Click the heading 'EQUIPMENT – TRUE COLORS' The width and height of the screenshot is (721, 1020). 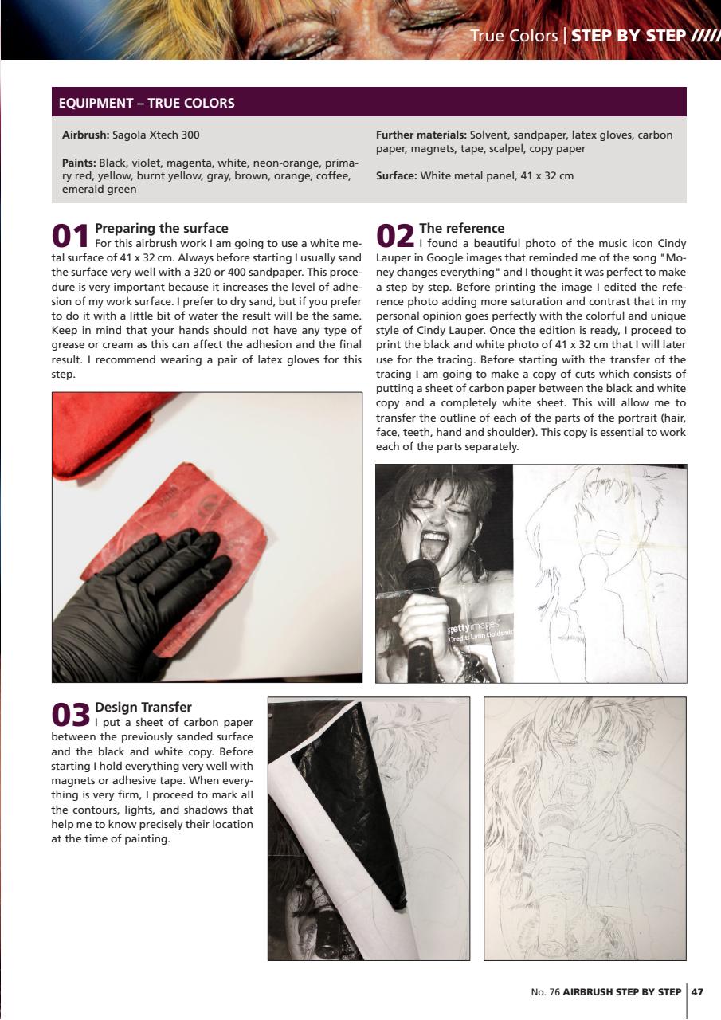pyautogui.click(x=147, y=103)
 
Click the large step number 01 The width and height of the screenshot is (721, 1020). pyautogui.click(x=70, y=237)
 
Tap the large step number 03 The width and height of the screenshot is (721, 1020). pyautogui.click(x=70, y=715)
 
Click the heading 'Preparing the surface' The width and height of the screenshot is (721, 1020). pyautogui.click(x=161, y=229)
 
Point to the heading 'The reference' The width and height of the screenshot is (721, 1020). pyautogui.click(x=461, y=229)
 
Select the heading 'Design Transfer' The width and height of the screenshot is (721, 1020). pyautogui.click(x=143, y=707)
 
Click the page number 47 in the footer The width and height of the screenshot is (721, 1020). pyautogui.click(x=697, y=992)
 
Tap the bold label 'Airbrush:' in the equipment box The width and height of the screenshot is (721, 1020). pyautogui.click(x=85, y=135)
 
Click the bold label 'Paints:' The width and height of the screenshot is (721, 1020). pyautogui.click(x=79, y=163)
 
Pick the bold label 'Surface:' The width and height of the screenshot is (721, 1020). pyautogui.click(x=396, y=175)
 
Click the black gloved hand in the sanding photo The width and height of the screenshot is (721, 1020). pyautogui.click(x=135, y=590)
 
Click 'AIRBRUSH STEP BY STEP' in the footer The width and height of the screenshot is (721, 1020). pyautogui.click(x=621, y=992)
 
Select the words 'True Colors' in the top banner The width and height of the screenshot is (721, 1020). pyautogui.click(x=513, y=36)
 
